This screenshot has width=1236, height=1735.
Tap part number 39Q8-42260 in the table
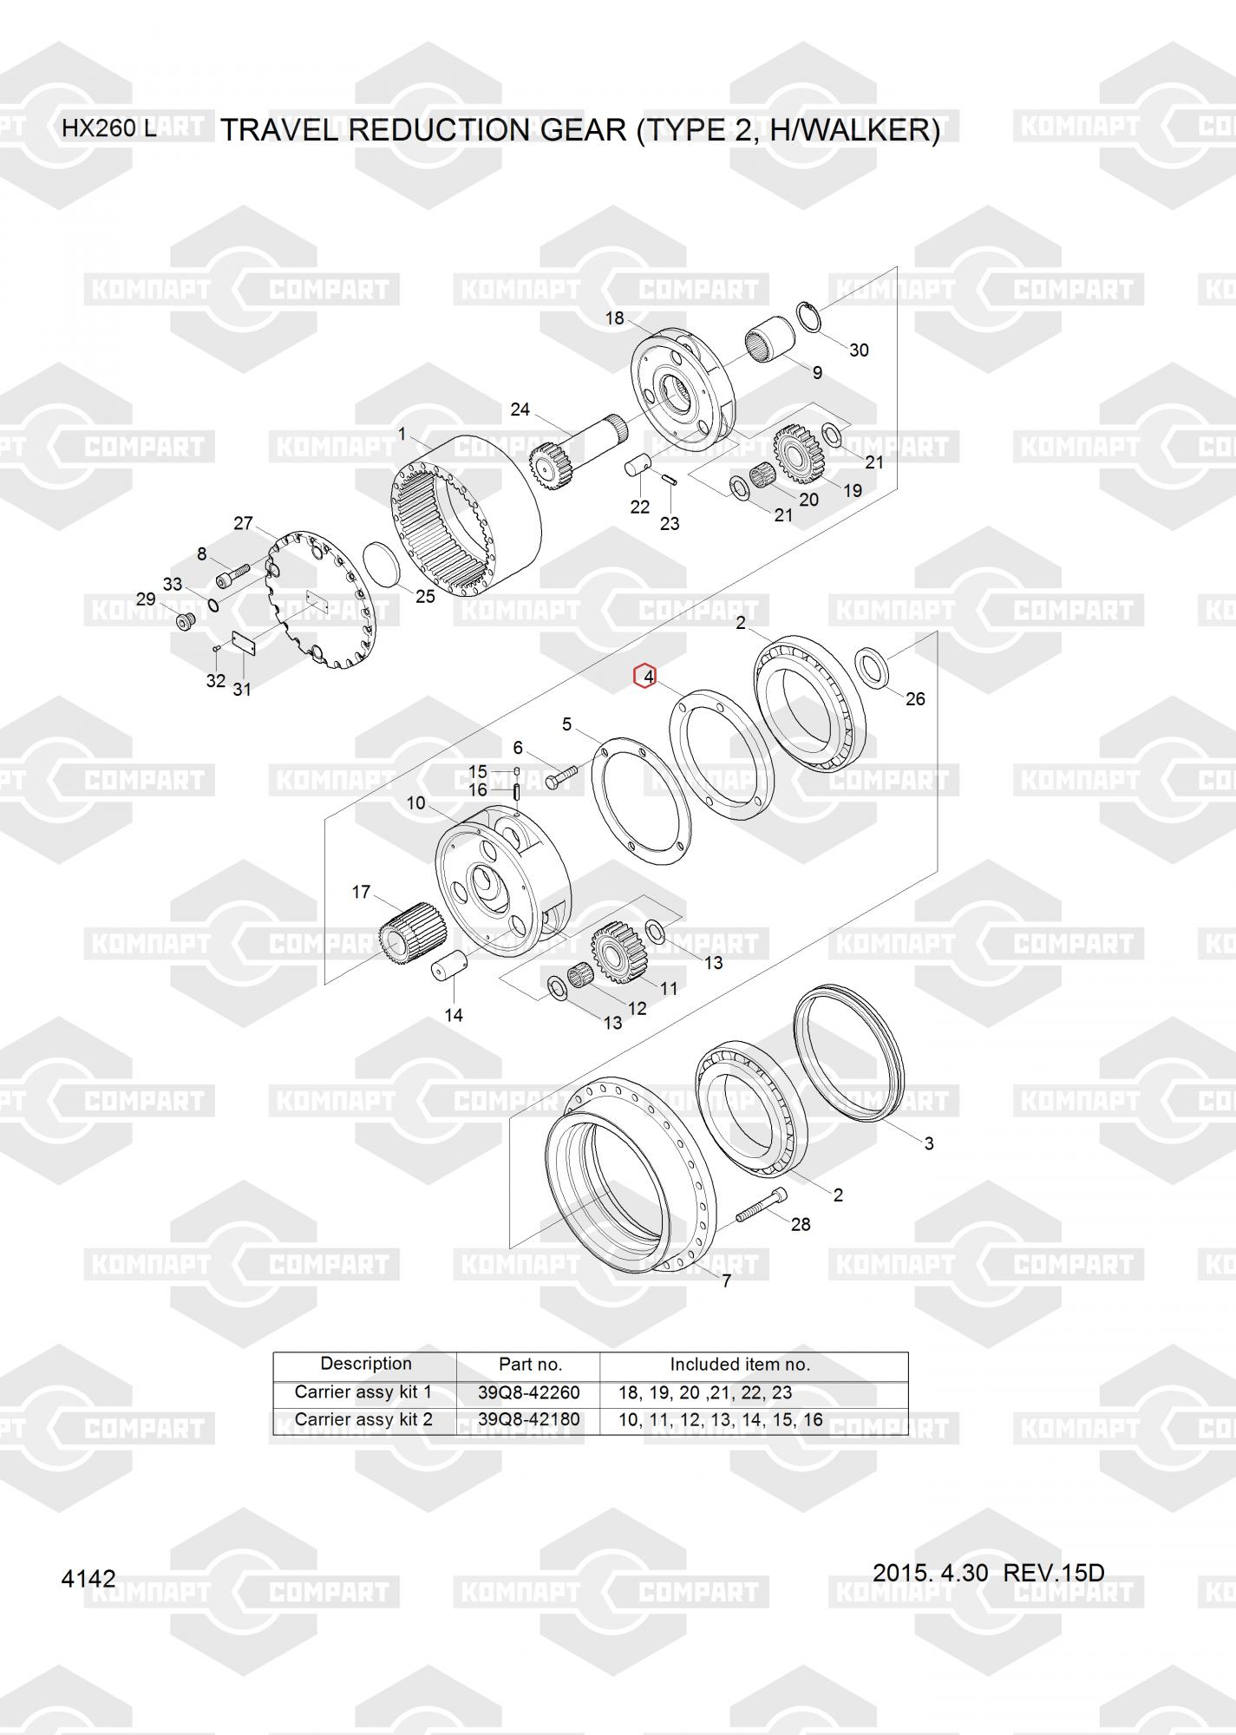(x=528, y=1392)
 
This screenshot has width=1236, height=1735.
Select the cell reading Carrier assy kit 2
(x=363, y=1420)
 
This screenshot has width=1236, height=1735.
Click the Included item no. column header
(x=740, y=1365)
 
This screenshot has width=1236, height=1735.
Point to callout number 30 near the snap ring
(x=859, y=350)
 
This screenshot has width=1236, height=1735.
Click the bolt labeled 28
(x=762, y=1204)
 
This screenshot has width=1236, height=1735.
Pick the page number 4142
(x=88, y=1579)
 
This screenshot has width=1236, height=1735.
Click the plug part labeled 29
(x=185, y=621)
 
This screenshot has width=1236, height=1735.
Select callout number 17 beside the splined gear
(x=361, y=892)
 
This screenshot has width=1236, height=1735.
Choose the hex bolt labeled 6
(x=562, y=773)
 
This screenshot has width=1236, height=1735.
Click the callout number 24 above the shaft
(x=520, y=409)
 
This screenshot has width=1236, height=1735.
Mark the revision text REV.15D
(x=1054, y=1573)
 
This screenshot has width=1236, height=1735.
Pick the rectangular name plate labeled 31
(x=241, y=645)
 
